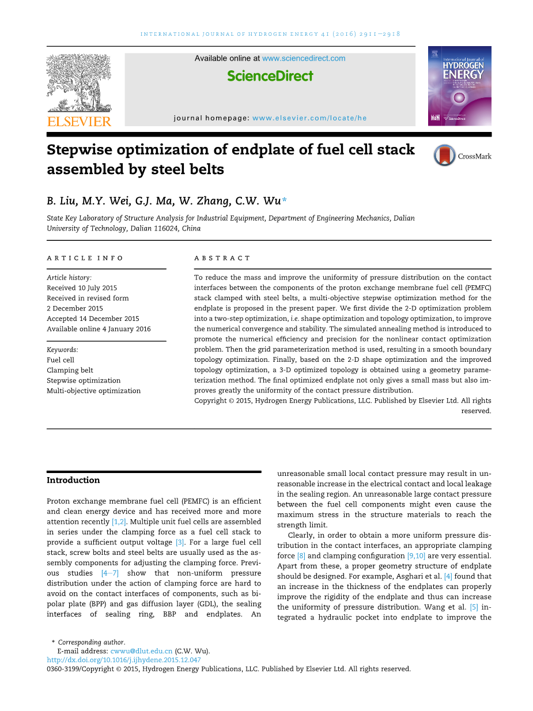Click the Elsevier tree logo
pyautogui.click(x=78, y=83)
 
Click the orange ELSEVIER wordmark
pyautogui.click(x=79, y=121)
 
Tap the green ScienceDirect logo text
pyautogui.click(x=270, y=76)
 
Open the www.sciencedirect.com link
pyautogui.click(x=304, y=58)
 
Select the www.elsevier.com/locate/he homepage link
pyautogui.click(x=309, y=118)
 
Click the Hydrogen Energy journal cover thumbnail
pyautogui.click(x=459, y=86)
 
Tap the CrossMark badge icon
pyautogui.click(x=445, y=156)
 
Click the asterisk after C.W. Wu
pyautogui.click(x=284, y=199)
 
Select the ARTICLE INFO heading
pyautogui.click(x=85, y=258)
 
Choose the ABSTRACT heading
pyautogui.click(x=222, y=258)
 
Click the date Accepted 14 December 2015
pyautogui.click(x=93, y=319)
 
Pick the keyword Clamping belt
pyautogui.click(x=70, y=370)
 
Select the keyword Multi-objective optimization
pyautogui.click(x=93, y=391)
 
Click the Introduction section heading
pyautogui.click(x=73, y=481)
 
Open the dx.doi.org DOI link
pyautogui.click(x=123, y=660)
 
